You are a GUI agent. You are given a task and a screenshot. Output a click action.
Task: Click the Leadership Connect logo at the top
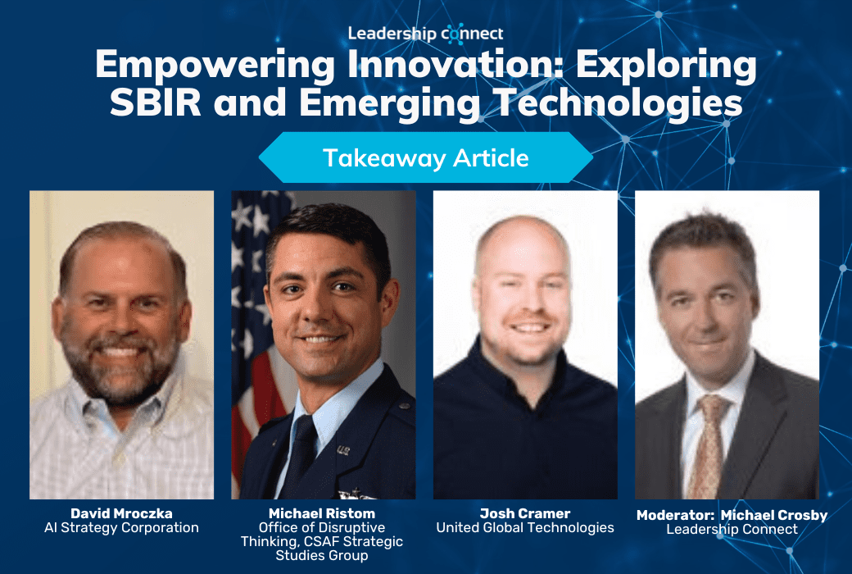point(425,34)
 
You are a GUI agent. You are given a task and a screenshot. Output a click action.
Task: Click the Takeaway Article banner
point(425,157)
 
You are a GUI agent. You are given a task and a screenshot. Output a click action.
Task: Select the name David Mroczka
point(121,513)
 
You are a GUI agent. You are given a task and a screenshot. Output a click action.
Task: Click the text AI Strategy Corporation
point(121,528)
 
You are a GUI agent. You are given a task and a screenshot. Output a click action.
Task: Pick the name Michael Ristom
point(322,513)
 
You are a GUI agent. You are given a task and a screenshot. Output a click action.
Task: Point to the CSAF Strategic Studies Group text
point(322,549)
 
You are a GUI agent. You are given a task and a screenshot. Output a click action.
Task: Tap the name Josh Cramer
point(524,513)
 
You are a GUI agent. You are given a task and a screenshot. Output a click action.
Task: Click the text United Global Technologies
point(524,528)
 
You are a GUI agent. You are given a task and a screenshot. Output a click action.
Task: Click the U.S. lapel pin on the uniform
point(342,449)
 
